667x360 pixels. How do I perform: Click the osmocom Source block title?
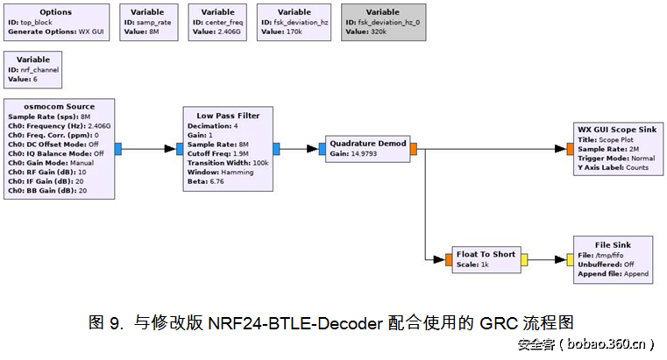(x=60, y=106)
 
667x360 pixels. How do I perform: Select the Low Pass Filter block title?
(x=228, y=116)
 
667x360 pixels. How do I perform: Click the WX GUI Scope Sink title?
(x=617, y=128)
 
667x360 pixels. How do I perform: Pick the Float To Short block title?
(x=486, y=254)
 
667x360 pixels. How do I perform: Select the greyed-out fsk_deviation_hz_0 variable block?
(x=382, y=21)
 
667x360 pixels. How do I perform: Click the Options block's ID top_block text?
(x=32, y=22)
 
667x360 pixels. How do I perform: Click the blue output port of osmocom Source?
(x=118, y=149)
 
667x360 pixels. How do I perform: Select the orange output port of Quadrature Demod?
(x=414, y=149)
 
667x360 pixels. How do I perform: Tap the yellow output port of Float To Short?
(x=523, y=259)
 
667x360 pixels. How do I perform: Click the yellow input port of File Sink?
(x=571, y=259)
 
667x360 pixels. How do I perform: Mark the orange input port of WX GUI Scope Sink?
(x=571, y=149)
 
